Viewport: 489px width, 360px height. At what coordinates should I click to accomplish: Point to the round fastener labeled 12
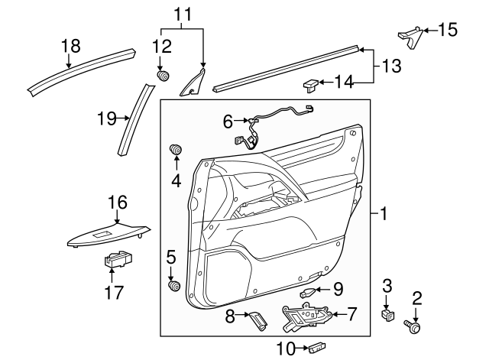tap(162, 76)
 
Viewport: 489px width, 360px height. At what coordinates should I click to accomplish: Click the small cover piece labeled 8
tap(257, 321)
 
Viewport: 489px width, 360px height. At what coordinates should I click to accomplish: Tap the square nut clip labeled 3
tap(387, 313)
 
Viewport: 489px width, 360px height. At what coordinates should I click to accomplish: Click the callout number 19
tap(106, 118)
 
